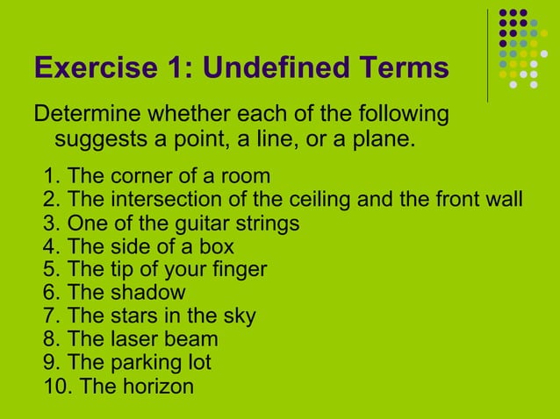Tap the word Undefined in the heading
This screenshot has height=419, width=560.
point(263,68)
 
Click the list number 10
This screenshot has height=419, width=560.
point(54,386)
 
